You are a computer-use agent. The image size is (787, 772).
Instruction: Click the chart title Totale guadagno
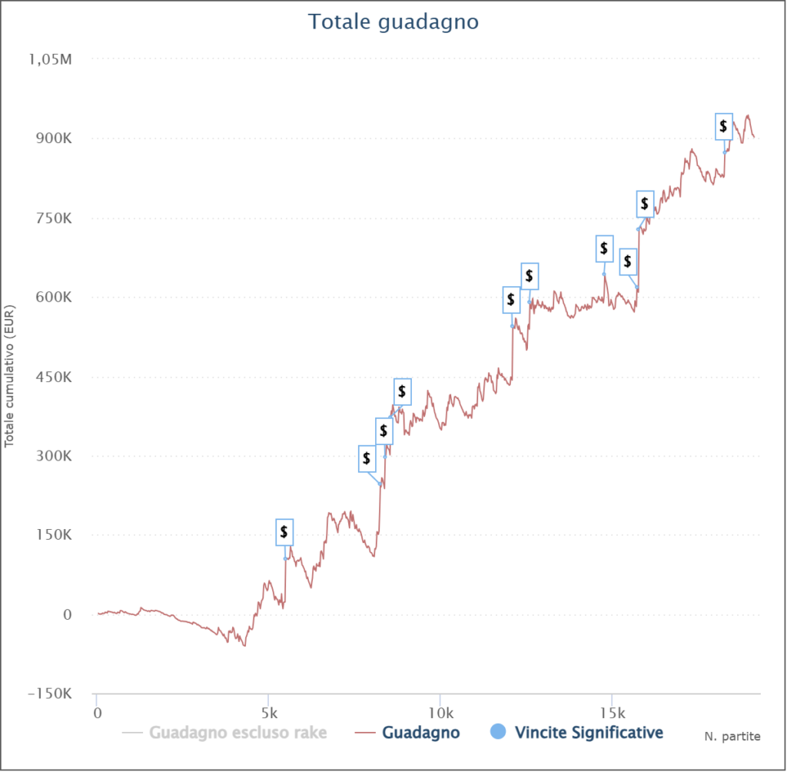coord(393,22)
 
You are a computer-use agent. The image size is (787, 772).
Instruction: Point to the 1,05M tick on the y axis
coord(52,59)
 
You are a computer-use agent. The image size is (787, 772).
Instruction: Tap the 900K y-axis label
coord(54,139)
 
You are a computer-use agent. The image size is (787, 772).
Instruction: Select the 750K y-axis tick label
coord(54,218)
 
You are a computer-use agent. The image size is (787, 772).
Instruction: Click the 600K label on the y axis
coord(54,298)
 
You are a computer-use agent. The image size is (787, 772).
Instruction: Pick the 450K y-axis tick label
coord(54,377)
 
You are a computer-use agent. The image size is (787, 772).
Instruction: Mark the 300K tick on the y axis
coord(54,456)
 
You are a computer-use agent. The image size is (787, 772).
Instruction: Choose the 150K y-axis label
coord(54,535)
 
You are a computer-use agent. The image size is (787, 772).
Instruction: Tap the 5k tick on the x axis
coord(268,712)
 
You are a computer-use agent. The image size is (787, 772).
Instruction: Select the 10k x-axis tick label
coord(440,712)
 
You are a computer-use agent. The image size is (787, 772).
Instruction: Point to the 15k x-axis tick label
coord(612,712)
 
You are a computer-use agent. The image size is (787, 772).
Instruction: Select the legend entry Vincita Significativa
coord(588,733)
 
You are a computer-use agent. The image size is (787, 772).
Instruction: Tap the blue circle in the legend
coord(498,733)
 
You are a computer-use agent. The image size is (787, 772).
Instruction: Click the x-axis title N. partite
coord(732,737)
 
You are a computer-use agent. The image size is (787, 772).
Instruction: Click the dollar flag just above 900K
coord(724,126)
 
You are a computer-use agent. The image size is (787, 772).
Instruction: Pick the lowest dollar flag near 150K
coord(284,531)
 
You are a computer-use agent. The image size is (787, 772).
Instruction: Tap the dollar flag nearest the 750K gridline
coord(645,205)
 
